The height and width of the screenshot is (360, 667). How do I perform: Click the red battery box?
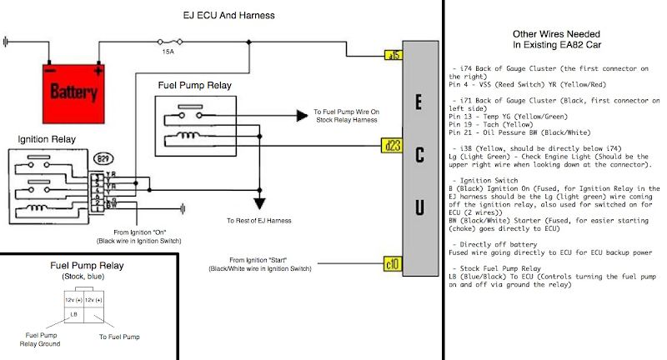(75, 88)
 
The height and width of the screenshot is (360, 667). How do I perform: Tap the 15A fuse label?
(168, 52)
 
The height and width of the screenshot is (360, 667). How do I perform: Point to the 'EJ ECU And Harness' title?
(228, 15)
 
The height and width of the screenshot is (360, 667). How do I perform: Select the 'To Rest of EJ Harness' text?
(260, 221)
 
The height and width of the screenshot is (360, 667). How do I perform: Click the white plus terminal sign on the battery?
(98, 71)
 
